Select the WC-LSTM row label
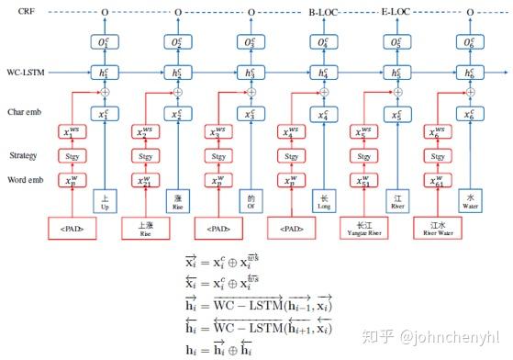(28, 72)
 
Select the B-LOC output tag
(324, 12)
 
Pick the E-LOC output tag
(397, 12)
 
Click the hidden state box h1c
(106, 72)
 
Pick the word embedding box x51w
(364, 179)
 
